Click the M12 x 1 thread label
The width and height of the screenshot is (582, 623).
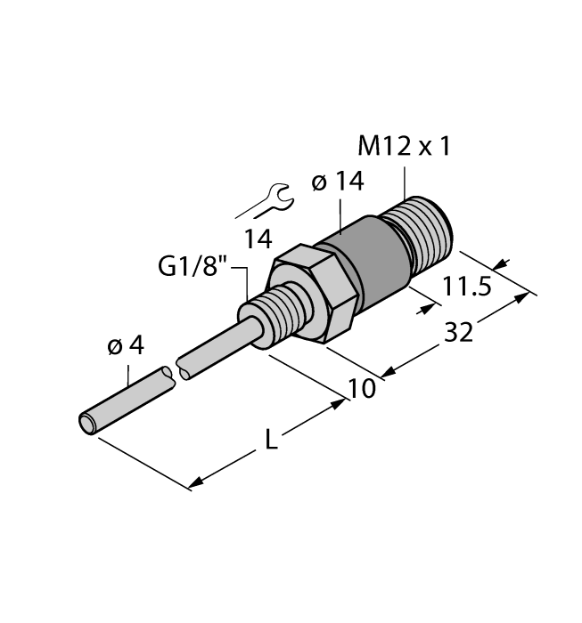click(x=403, y=145)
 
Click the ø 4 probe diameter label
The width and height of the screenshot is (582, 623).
click(x=125, y=346)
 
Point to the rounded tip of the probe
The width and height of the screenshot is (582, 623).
click(x=87, y=423)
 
